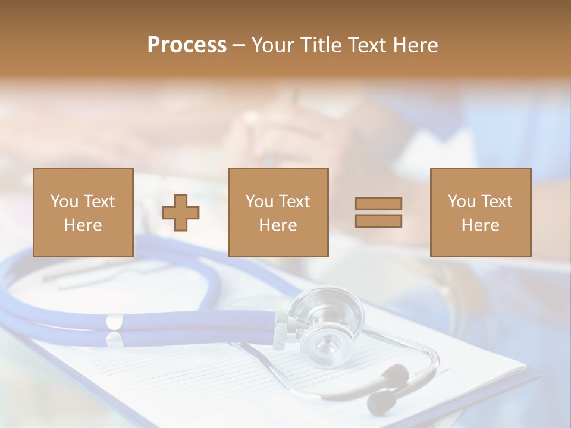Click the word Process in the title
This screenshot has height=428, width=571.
(x=187, y=45)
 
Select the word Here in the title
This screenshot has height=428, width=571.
(x=415, y=45)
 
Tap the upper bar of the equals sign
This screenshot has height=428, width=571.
(x=378, y=203)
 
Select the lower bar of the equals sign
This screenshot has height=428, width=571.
(x=378, y=221)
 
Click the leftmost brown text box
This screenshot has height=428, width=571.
(x=83, y=212)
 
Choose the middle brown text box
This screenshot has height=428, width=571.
(x=278, y=212)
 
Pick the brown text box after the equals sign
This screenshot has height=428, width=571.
(x=480, y=212)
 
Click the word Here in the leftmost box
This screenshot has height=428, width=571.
(x=83, y=225)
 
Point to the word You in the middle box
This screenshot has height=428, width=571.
(x=259, y=202)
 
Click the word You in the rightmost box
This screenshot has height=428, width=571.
(x=462, y=202)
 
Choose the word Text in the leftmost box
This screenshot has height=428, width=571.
(x=99, y=202)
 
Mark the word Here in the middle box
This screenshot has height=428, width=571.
(x=278, y=225)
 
